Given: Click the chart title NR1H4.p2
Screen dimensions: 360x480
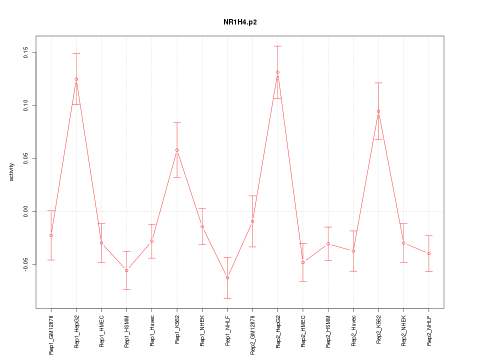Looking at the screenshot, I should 240,22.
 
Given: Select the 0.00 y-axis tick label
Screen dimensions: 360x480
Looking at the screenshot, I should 26,211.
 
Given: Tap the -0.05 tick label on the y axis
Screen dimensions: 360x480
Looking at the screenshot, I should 26,264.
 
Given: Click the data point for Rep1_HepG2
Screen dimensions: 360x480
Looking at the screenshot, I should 76,79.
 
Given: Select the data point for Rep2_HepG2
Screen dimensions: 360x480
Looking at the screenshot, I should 278,72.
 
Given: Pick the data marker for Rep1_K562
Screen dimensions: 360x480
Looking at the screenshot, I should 177,150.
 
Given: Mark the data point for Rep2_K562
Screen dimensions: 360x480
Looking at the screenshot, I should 378,111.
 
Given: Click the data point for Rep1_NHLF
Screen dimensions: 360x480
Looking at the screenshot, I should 227,277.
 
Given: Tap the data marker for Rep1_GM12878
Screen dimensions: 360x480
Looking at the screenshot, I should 51,235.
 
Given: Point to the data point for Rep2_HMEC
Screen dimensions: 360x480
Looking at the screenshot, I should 303,262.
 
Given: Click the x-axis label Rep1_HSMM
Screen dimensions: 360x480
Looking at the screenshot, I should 127,331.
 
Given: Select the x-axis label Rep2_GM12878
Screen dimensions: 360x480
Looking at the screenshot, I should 252,334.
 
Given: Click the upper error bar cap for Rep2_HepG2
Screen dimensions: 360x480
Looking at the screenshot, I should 278,46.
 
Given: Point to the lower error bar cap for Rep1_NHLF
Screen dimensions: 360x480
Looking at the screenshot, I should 227,298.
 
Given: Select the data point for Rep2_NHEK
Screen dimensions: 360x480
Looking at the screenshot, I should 404,243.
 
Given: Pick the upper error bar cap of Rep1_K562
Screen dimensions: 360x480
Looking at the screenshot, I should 177,122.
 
